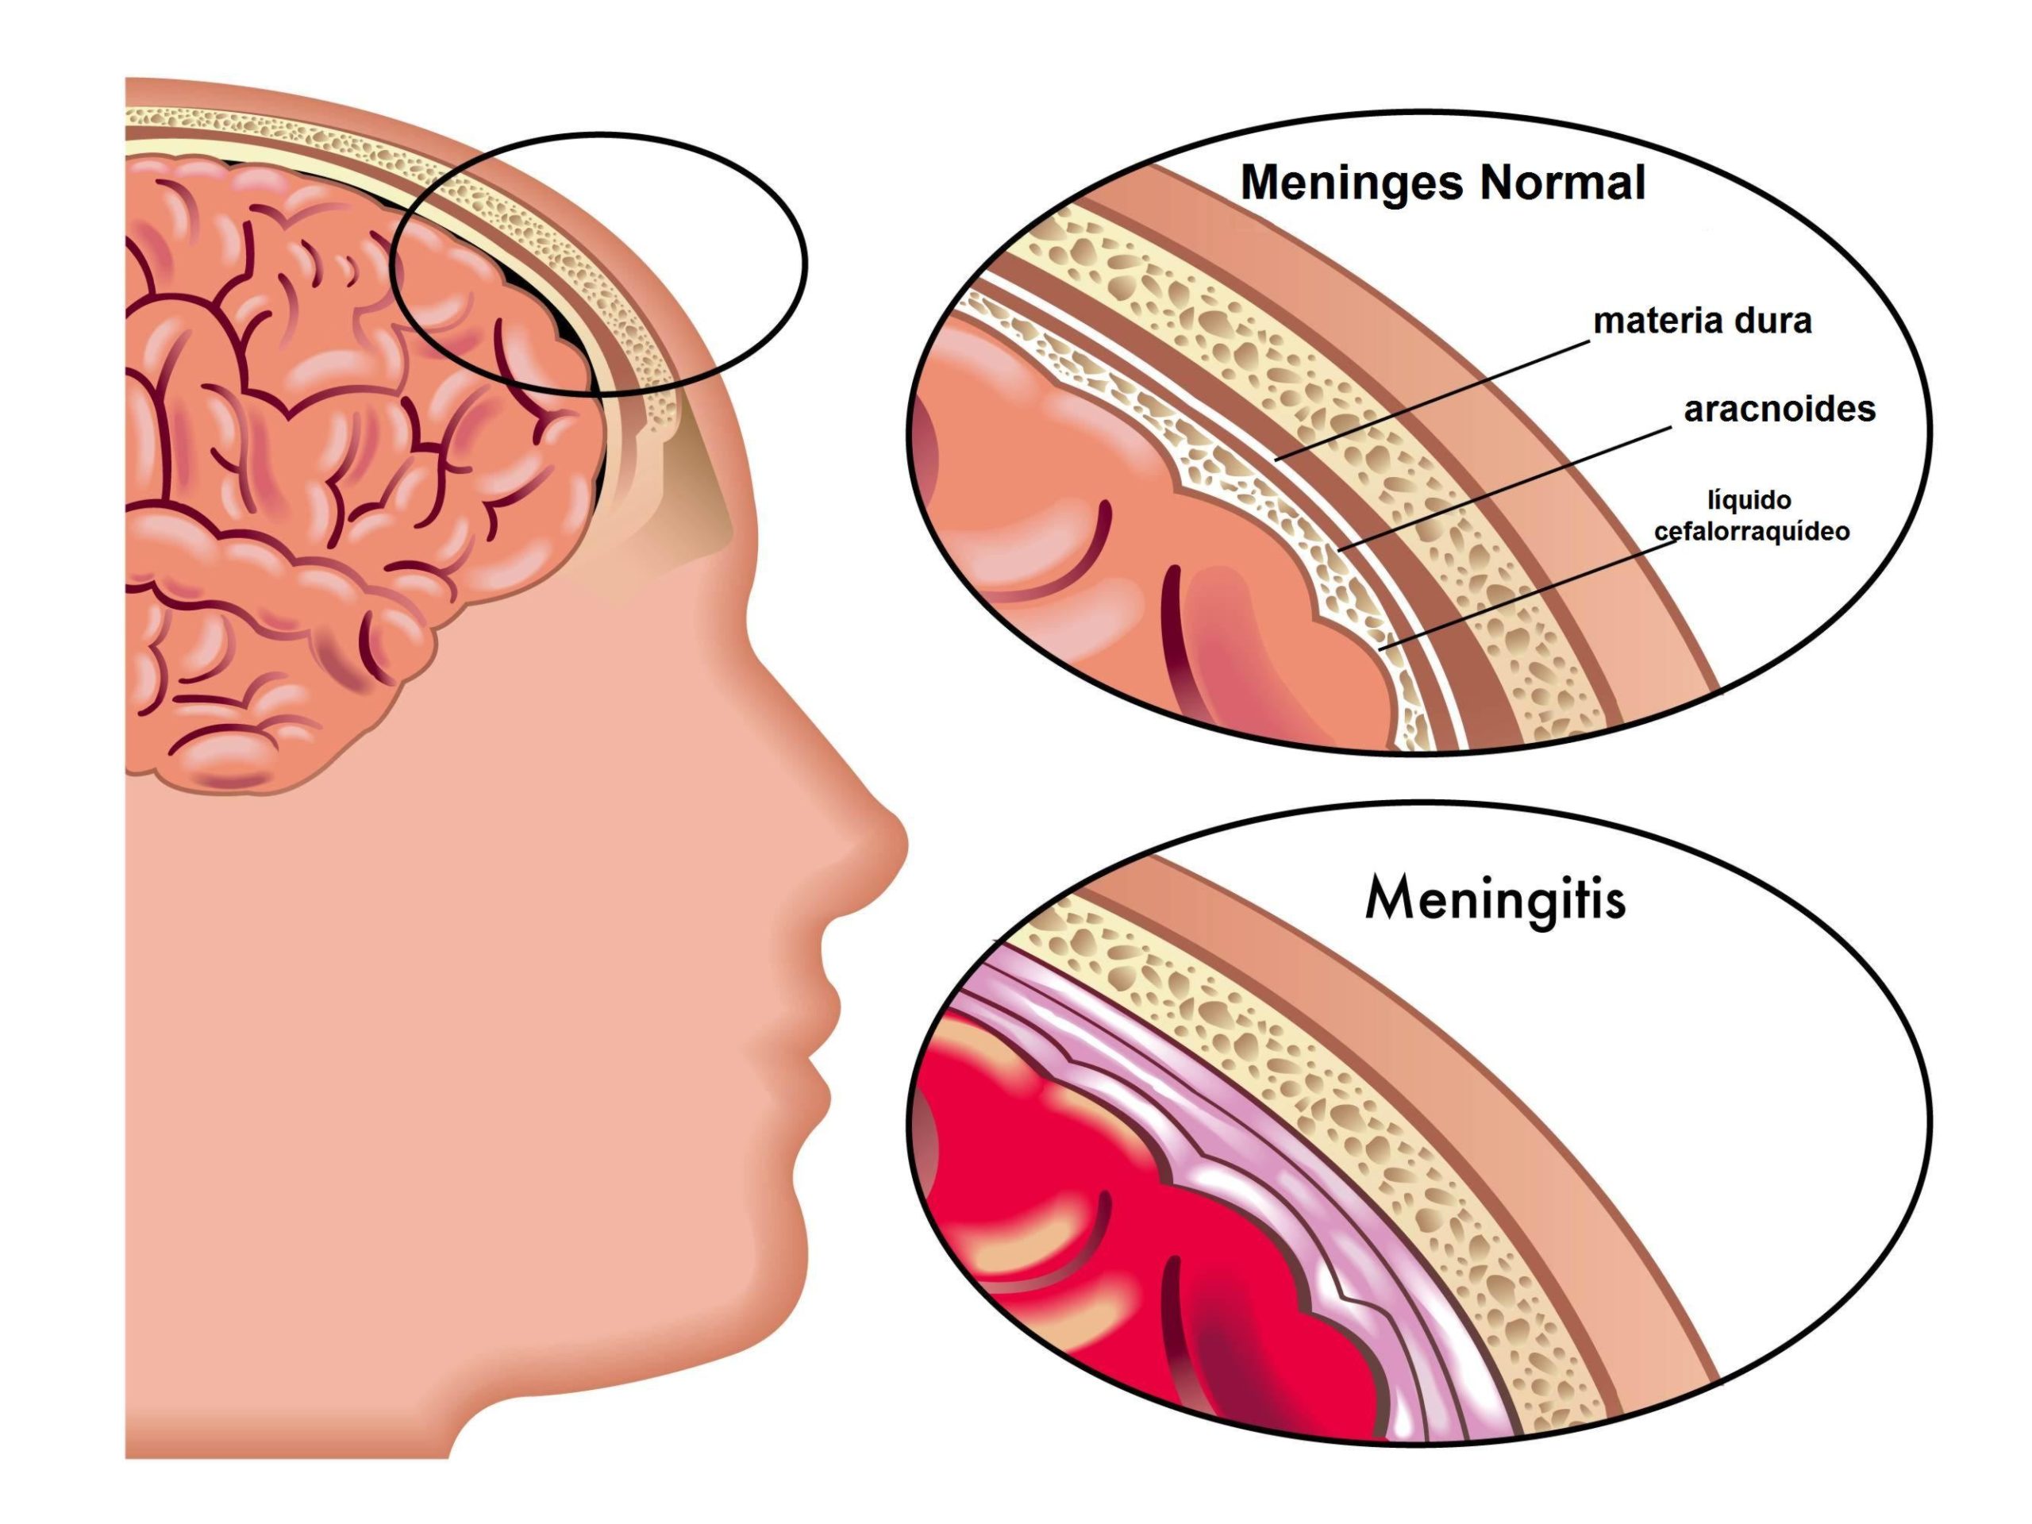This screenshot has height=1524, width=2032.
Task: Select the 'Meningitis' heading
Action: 1495,899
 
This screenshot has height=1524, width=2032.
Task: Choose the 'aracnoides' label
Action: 1779,410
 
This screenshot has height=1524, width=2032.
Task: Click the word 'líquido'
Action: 1749,501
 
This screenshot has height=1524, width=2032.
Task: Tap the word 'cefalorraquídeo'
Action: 1751,532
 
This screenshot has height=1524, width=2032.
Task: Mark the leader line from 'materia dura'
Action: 1433,399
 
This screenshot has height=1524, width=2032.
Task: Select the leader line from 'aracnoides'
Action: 1507,487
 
